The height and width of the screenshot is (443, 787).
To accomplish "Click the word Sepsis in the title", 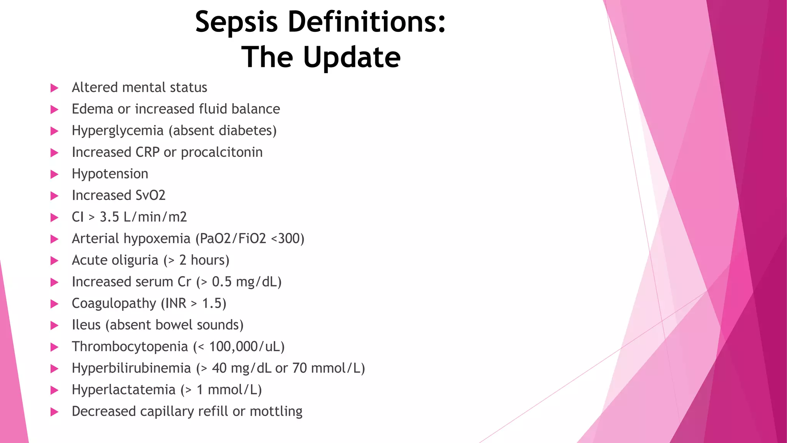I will tap(236, 22).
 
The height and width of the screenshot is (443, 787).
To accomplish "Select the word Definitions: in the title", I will tap(367, 22).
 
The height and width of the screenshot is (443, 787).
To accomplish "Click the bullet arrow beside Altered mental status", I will tap(55, 88).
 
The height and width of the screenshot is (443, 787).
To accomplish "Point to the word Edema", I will tap(93, 109).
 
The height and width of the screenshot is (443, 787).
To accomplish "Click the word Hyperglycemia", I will tap(118, 131).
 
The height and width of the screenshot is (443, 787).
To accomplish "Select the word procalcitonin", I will tap(222, 153).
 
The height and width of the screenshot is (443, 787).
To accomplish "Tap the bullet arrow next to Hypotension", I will tap(55, 175).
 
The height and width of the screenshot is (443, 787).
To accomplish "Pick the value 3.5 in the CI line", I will tap(109, 217).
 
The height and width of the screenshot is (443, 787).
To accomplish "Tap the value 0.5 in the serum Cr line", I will tap(222, 282).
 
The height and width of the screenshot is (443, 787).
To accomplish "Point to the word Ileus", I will tap(86, 325).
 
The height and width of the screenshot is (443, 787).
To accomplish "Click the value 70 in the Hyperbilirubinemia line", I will tap(299, 368).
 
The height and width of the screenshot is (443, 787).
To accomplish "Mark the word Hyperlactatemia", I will tap(123, 390).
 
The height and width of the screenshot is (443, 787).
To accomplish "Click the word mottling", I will tap(276, 411).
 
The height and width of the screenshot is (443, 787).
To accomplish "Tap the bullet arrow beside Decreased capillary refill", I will tap(55, 412).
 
